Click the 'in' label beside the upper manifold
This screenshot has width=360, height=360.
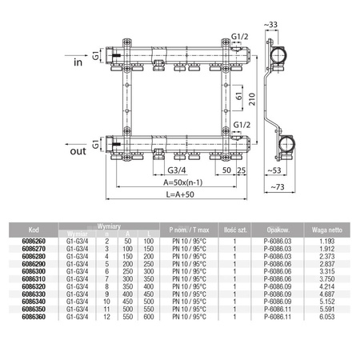78,62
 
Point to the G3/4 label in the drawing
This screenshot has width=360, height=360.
178,171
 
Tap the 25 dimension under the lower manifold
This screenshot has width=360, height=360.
241,171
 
